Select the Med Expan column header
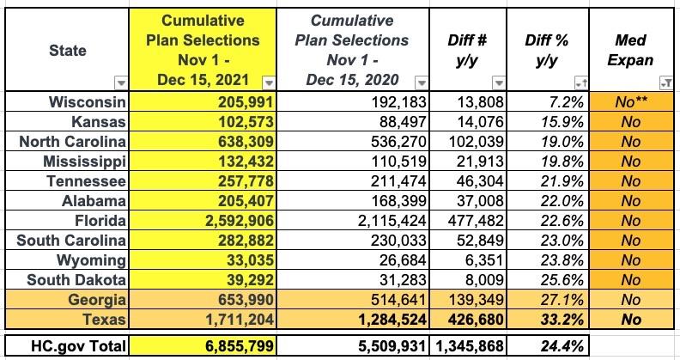631,51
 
